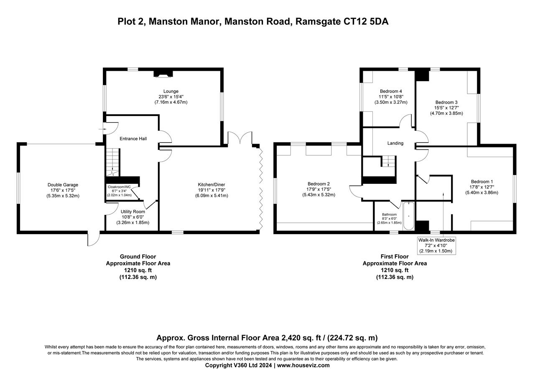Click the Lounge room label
[x=171, y=91]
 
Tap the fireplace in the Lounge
[x=163, y=74]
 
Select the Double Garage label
[x=63, y=185]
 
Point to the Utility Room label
[x=132, y=211]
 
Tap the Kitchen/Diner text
[x=213, y=185]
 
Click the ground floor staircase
[x=112, y=162]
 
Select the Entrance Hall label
[x=133, y=139]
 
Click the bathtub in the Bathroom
[x=408, y=216]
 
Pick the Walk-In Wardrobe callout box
[x=436, y=245]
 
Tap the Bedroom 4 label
[x=391, y=91]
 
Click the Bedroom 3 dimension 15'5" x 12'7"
[x=446, y=108]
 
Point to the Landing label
[x=395, y=143]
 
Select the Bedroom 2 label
[x=318, y=184]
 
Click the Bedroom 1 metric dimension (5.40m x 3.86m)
[x=481, y=193]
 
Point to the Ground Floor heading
[x=138, y=257]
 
